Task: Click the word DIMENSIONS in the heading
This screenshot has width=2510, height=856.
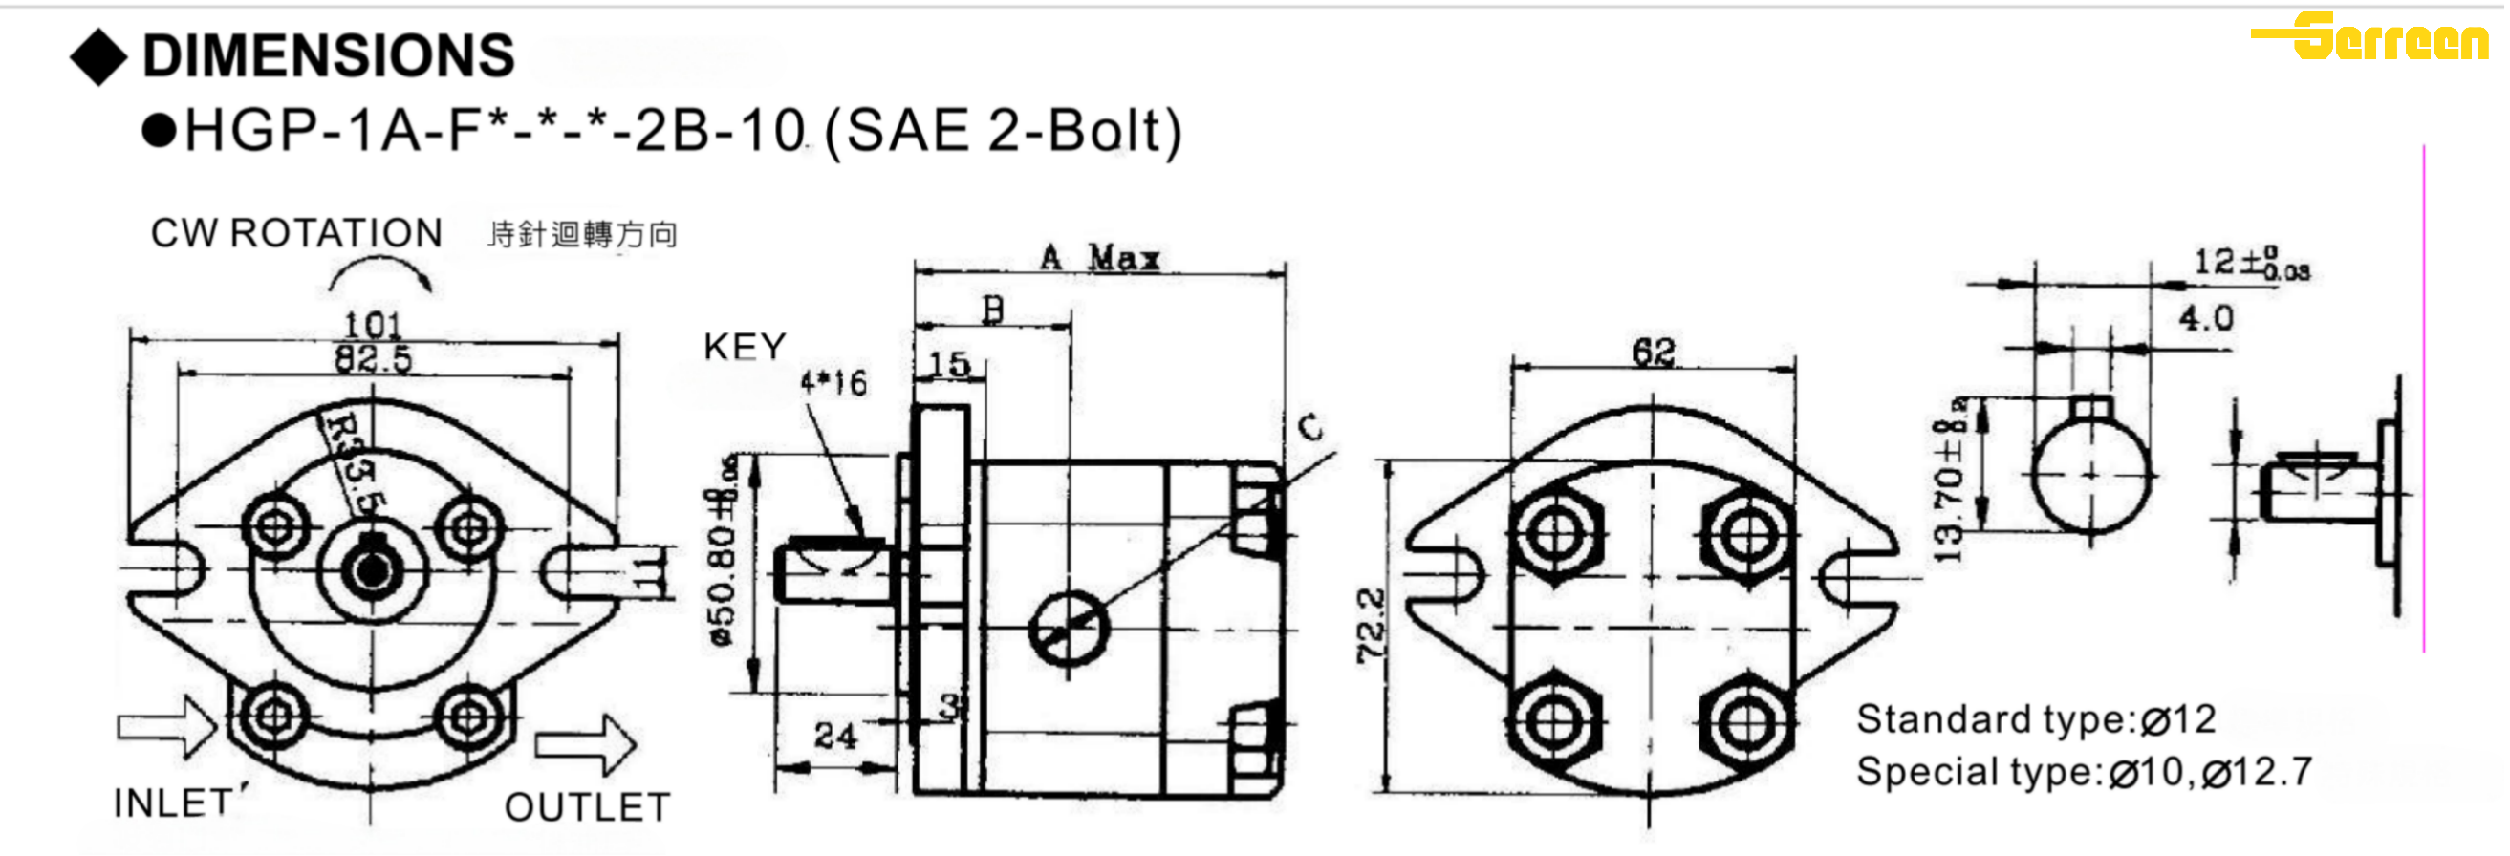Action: [x=328, y=55]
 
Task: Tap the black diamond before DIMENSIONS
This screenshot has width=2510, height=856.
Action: [x=98, y=56]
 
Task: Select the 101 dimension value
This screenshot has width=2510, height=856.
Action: [x=373, y=324]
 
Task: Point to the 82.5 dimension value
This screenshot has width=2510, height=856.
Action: [x=373, y=359]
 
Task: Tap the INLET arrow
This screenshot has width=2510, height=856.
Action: [x=166, y=725]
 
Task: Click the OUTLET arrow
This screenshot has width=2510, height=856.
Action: [x=585, y=745]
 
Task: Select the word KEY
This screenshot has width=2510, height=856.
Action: [x=745, y=347]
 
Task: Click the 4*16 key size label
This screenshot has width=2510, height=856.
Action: [x=833, y=383]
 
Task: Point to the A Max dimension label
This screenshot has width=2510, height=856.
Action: [x=1100, y=258]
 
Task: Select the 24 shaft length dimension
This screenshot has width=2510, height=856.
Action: [x=835, y=736]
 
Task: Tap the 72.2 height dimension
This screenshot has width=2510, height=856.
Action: [x=1370, y=625]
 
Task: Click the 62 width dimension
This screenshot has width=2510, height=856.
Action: [x=1654, y=352]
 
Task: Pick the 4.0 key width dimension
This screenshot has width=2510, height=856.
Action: [x=2205, y=318]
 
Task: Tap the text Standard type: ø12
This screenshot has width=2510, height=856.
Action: [x=2035, y=719]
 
